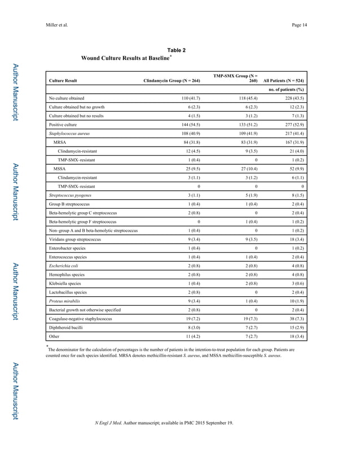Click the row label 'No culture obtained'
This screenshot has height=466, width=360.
tap(67, 98)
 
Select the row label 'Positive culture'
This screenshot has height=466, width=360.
tap(63, 124)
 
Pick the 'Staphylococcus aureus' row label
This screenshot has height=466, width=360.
tap(69, 134)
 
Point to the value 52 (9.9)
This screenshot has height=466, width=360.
tap(294, 168)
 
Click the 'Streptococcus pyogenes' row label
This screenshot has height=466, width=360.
tap(70, 195)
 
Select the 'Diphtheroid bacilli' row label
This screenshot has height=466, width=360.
tap(65, 328)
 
